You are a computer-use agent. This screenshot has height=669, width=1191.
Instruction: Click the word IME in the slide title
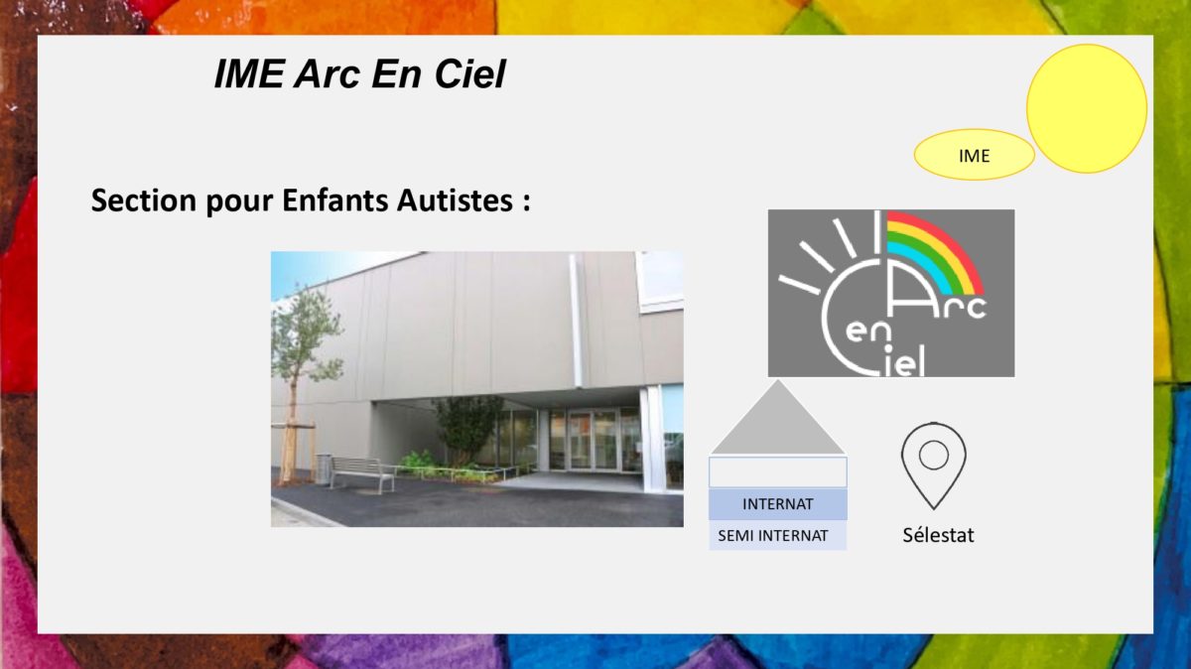point(249,73)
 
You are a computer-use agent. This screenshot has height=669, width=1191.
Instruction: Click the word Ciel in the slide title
point(470,73)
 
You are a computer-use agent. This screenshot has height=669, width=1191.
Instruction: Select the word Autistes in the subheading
point(456,201)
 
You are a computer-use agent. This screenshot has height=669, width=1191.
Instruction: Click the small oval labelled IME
point(974,155)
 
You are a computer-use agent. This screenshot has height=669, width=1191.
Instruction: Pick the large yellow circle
point(1086,108)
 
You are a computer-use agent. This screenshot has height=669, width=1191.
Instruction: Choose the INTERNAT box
point(778,504)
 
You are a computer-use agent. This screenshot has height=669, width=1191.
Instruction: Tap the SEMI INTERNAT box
point(778,535)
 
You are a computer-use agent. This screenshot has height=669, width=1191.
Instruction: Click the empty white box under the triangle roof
point(778,472)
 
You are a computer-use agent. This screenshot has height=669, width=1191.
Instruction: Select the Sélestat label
point(939,536)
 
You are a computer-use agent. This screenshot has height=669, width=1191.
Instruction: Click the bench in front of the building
point(362,473)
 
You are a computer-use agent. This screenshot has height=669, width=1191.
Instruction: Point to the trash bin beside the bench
point(323,468)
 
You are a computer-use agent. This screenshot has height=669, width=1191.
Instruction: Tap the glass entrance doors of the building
point(593,441)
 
